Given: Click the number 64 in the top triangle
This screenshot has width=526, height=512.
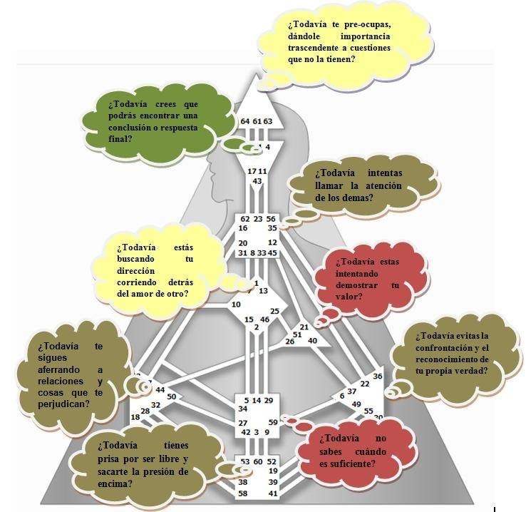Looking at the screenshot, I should tap(245, 121).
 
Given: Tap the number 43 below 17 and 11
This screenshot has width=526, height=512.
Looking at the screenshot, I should tap(257, 181).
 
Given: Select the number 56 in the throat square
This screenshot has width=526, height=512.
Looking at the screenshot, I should tap(271, 219).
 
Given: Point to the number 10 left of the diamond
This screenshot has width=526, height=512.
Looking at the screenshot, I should tap(236, 305).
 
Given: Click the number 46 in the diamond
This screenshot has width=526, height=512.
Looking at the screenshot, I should tap(265, 319).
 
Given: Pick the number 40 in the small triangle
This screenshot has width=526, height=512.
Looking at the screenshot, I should tap(312, 340).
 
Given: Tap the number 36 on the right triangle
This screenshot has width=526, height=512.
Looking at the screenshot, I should tap(378, 376).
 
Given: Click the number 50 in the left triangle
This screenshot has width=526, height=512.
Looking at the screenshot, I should tap(171, 396).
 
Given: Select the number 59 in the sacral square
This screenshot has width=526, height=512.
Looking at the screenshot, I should tap(272, 422).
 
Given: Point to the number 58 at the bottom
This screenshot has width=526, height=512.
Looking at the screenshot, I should tap(243, 493).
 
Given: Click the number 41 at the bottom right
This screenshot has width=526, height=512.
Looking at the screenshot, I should tap(272, 493).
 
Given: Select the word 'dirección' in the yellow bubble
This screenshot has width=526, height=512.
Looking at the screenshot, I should tap(136, 272).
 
